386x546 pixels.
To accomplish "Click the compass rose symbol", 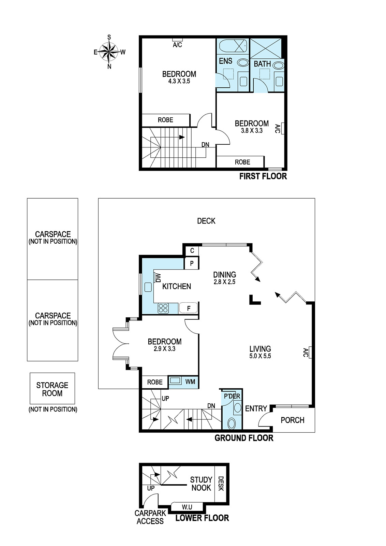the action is coord(109,52).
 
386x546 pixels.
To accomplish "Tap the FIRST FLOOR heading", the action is coord(263,176).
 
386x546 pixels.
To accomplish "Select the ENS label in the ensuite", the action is coord(225,61).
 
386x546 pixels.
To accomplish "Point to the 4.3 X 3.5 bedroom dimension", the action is coord(179,81).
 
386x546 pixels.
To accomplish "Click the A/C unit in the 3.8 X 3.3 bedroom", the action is coord(282,128).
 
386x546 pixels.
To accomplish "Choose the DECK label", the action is coord(206,221).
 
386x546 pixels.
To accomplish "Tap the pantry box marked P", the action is coord(192,263).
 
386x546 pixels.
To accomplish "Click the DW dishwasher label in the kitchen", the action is coord(158,278).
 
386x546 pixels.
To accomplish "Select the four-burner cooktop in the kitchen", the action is coord(163,308).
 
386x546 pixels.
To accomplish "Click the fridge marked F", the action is coord(189,308).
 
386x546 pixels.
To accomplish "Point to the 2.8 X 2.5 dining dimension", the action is coord(224,282).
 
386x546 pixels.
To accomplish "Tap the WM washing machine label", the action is coord(190,382).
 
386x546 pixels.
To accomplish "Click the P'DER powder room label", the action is coord(232,396).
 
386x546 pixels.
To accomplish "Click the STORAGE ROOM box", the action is coord(53,388).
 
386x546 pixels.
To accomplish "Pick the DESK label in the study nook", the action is coord(221,484).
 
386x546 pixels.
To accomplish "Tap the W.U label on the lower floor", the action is coord(187,507).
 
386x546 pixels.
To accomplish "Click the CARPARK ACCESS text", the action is coord(150,517).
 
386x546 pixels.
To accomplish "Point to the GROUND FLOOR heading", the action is coord(244,438).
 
